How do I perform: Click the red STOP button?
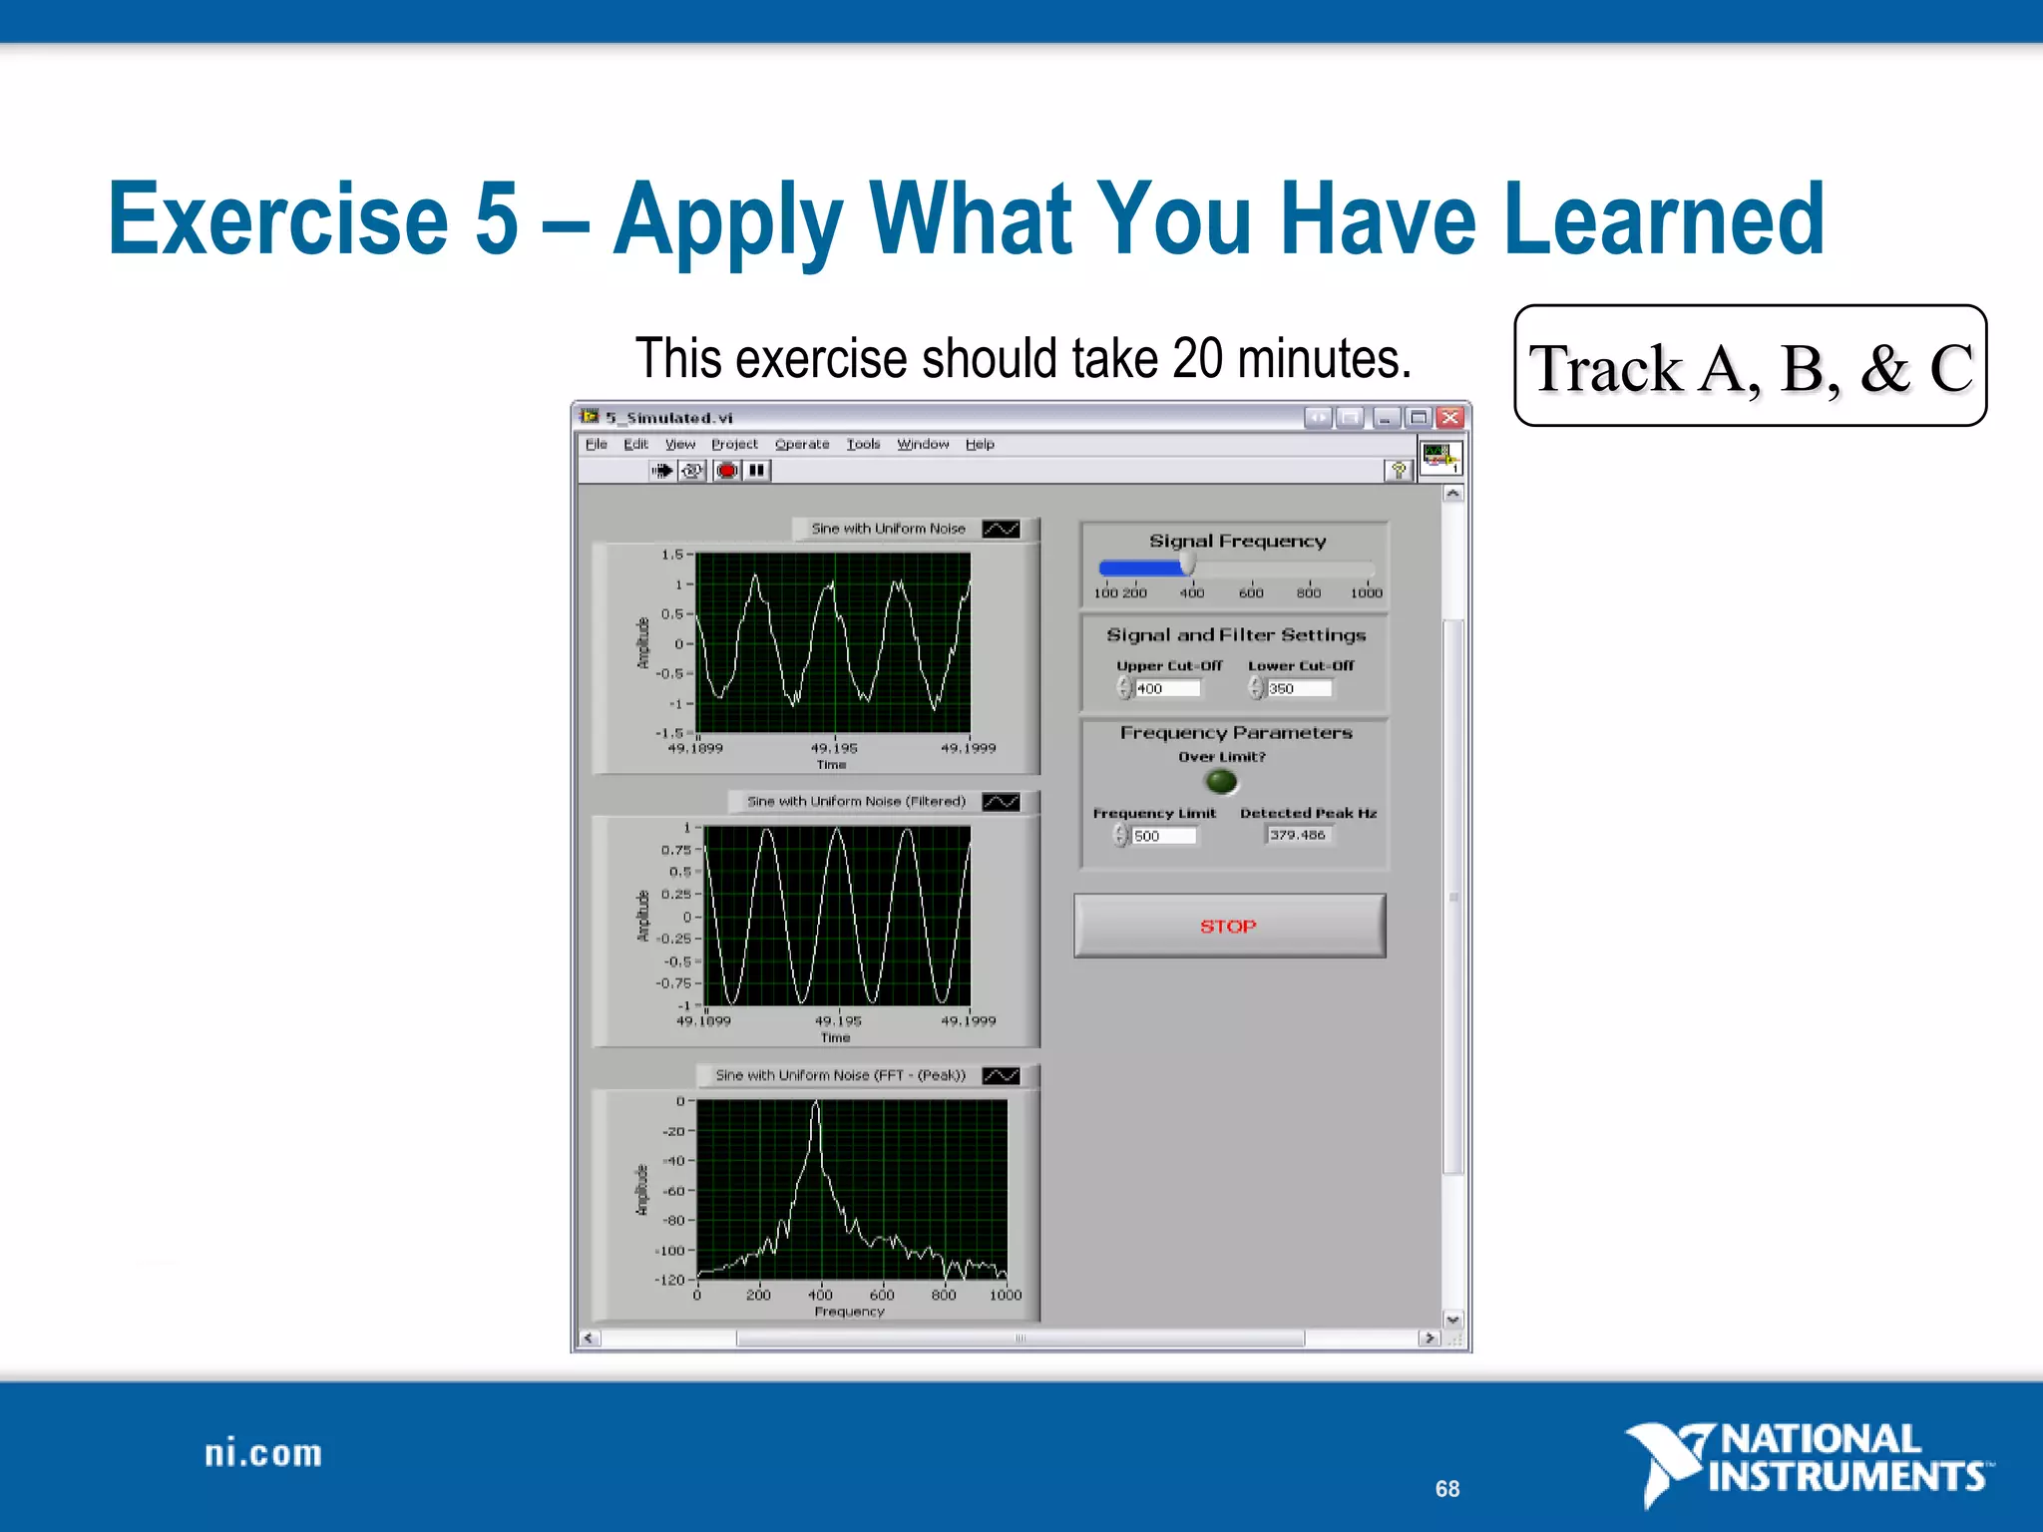tap(1229, 926)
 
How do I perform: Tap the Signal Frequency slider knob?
tap(1187, 566)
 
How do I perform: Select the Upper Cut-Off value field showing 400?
tap(1167, 688)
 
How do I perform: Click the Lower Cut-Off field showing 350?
tap(1299, 688)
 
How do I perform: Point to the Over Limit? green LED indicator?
tap(1221, 781)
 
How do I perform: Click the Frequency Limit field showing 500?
tap(1163, 836)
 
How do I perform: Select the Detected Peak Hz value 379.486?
tap(1298, 835)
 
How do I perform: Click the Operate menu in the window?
tap(802, 444)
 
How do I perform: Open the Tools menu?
tap(863, 444)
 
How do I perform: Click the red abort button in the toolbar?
tap(727, 470)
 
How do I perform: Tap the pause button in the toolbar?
tap(757, 470)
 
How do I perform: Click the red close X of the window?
tap(1450, 417)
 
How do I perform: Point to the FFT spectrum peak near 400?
tap(816, 1105)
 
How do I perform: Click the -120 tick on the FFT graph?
tap(670, 1280)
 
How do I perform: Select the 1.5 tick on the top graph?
tap(672, 555)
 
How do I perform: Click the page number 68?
tap(1446, 1488)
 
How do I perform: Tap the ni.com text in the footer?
tap(263, 1453)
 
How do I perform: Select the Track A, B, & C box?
tap(1750, 366)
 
